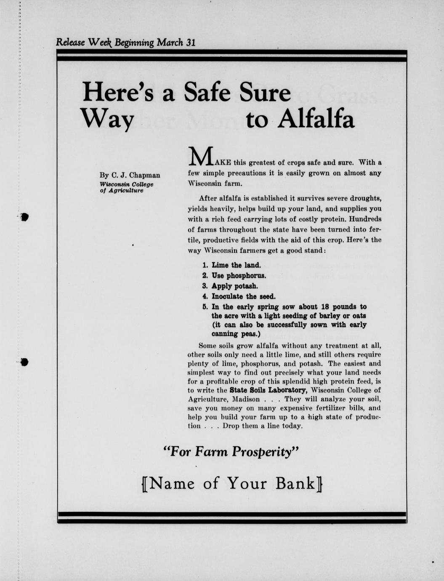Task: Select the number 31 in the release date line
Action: tap(190, 43)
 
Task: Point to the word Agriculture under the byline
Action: tap(126, 190)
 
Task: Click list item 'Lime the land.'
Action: tap(236, 265)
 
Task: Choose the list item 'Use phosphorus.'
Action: tap(239, 276)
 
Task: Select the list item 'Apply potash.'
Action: tap(234, 286)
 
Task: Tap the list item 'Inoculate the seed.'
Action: tap(244, 296)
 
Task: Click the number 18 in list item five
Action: tap(325, 306)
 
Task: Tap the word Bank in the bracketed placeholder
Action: tap(295, 483)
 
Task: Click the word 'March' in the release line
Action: tap(170, 43)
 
